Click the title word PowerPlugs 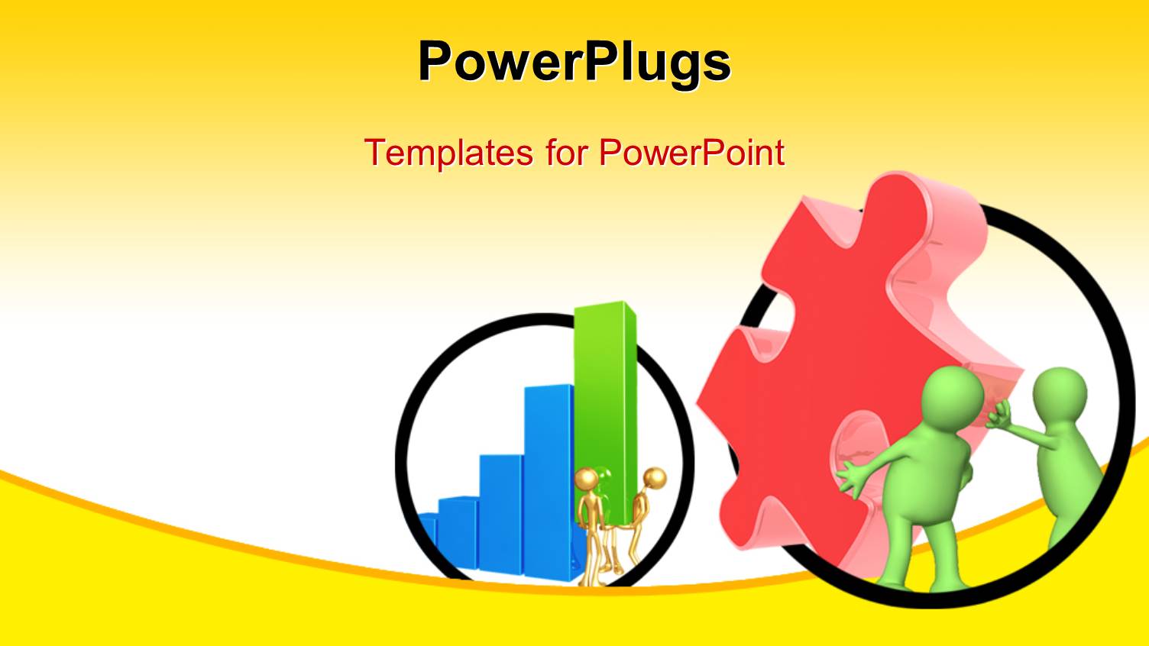point(574,61)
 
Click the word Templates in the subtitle point(448,152)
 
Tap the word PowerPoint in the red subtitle point(691,152)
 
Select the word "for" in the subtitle point(565,152)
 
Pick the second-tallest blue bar point(500,512)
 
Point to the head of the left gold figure point(586,480)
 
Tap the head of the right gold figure point(655,479)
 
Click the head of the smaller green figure point(1060,393)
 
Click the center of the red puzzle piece point(833,367)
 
